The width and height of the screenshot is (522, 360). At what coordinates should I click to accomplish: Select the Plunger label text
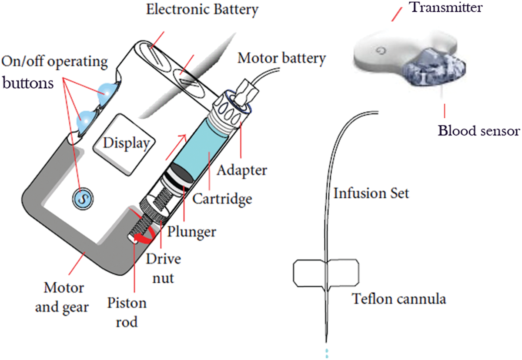(x=192, y=231)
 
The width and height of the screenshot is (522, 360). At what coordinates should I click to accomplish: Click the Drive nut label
(x=164, y=268)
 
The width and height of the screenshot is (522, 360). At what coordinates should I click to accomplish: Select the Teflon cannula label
(x=399, y=299)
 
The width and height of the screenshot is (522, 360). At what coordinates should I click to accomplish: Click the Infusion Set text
(x=371, y=193)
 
